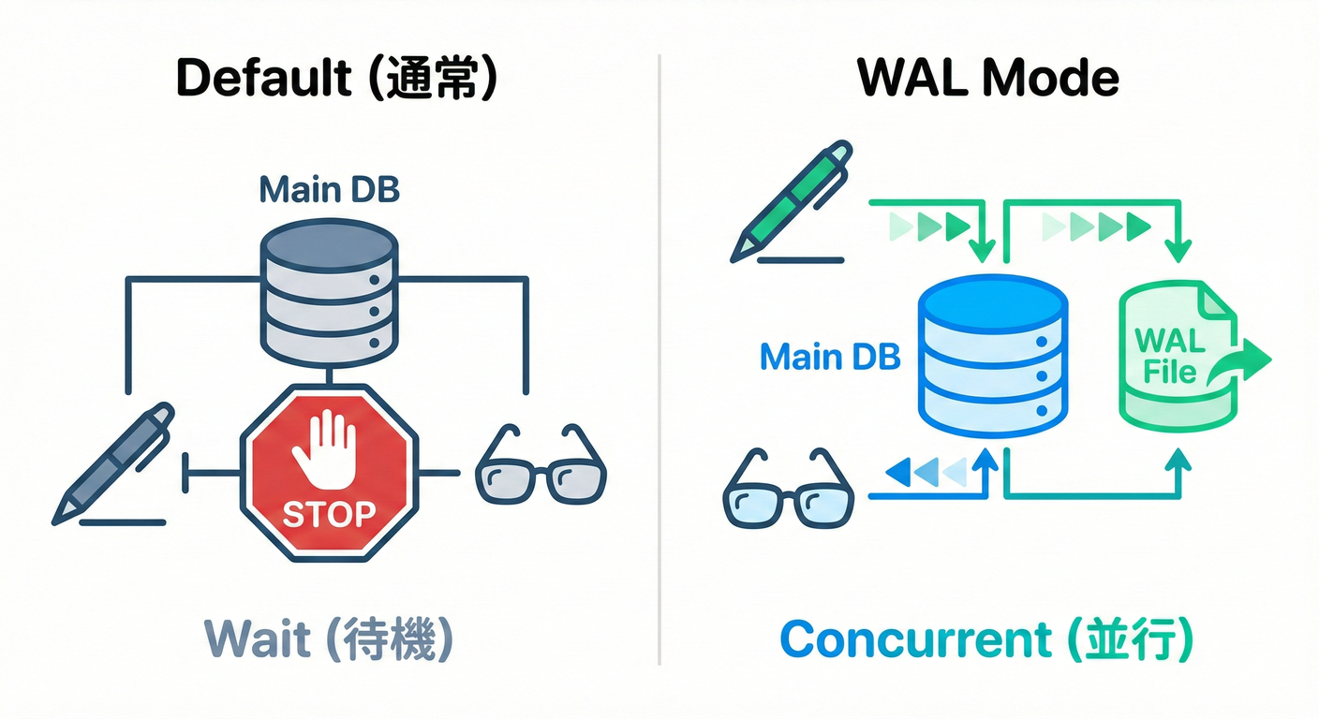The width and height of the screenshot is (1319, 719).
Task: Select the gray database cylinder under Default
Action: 327,291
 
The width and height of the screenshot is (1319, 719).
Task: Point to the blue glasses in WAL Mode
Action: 789,491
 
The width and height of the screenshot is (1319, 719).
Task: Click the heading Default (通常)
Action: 336,80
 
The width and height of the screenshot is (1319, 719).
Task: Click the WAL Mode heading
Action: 989,80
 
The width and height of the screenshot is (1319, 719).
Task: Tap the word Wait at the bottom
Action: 258,639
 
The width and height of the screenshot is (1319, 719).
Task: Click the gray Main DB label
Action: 329,190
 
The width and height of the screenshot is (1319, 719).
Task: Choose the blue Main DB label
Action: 830,357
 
